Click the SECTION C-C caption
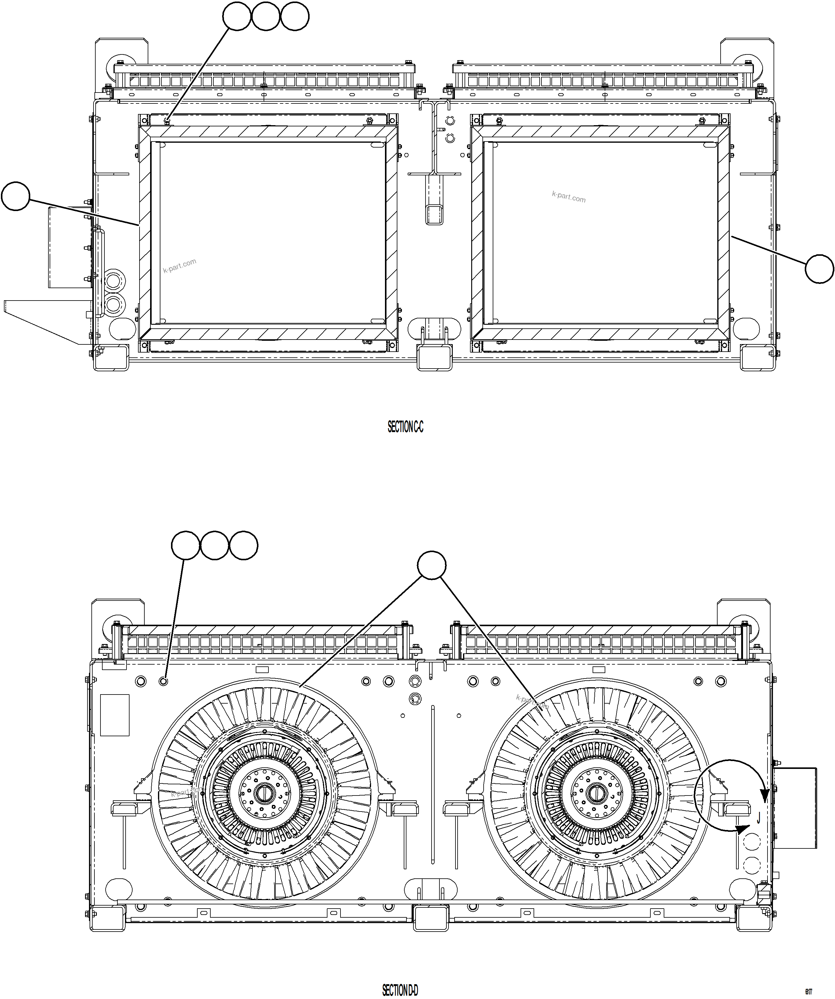click(405, 427)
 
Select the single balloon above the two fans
click(431, 565)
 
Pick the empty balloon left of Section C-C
click(16, 196)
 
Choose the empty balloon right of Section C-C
click(819, 269)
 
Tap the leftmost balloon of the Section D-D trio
click(186, 545)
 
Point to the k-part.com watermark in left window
click(179, 266)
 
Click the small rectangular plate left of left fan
click(115, 715)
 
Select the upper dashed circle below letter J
click(752, 841)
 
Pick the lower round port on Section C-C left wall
click(113, 304)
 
